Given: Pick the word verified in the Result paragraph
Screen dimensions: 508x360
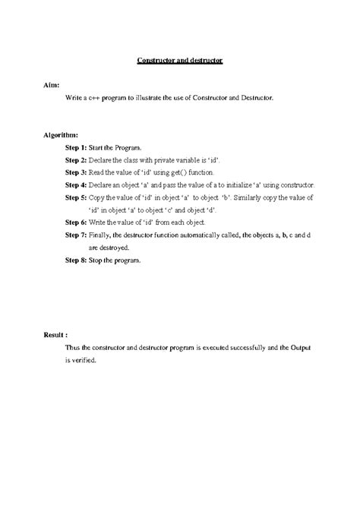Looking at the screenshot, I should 83,360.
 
